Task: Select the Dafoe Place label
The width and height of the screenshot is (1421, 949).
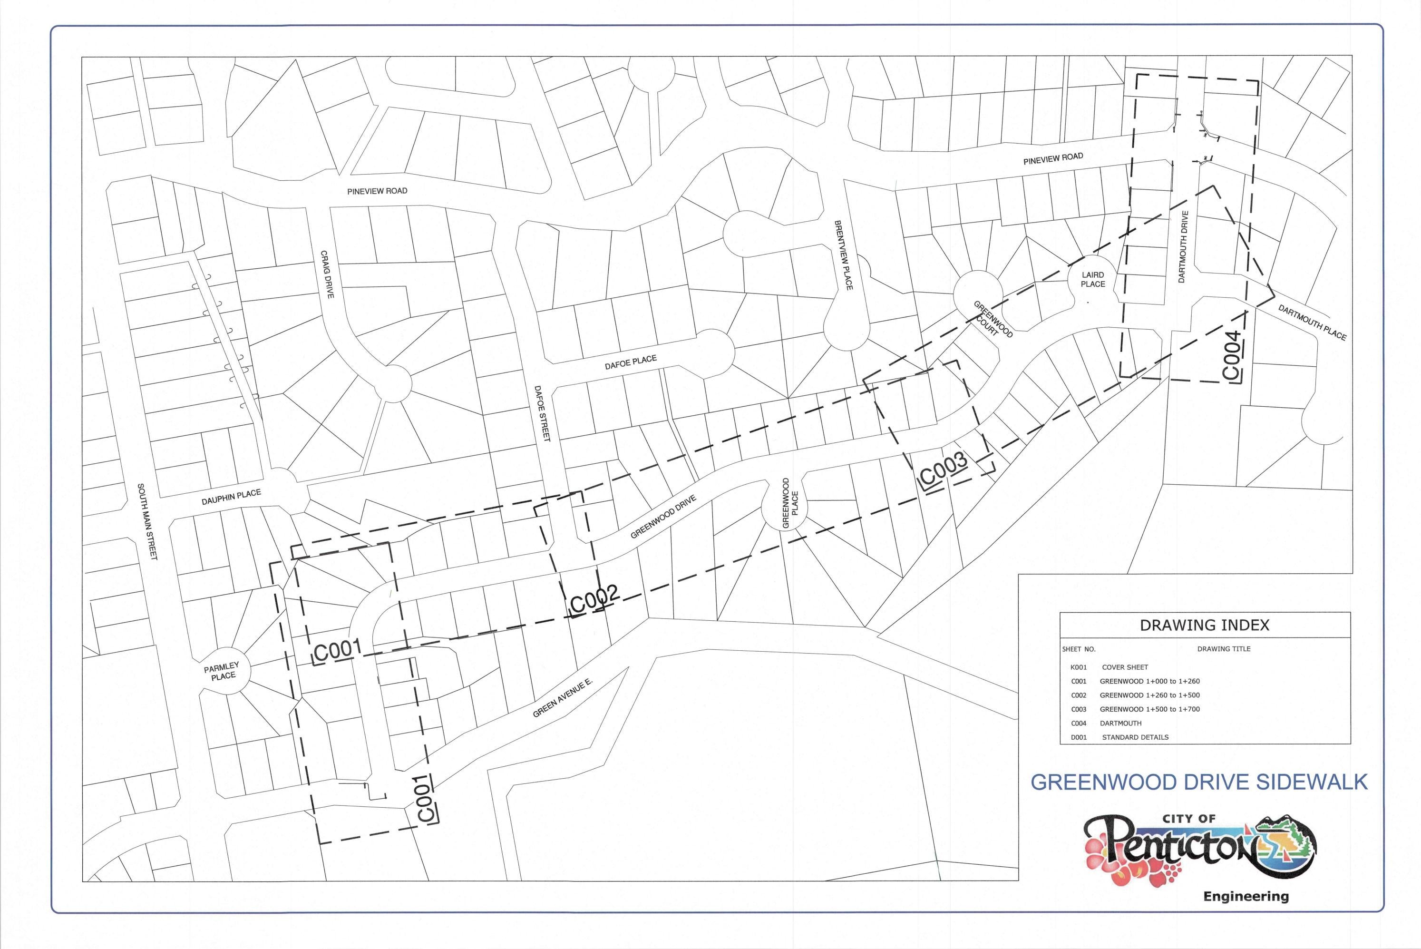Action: tap(630, 362)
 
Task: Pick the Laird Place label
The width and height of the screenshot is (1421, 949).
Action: tap(1093, 280)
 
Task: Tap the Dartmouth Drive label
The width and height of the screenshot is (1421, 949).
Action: tap(1184, 247)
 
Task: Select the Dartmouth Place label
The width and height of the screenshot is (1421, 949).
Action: tap(1312, 323)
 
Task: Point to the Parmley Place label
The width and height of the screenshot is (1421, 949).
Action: tap(223, 672)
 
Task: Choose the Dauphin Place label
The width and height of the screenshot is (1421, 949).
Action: tap(231, 498)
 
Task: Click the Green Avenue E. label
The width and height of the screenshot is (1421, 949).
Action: tap(563, 698)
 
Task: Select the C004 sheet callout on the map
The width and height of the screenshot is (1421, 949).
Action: tap(1233, 356)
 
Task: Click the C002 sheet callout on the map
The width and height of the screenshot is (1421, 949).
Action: tap(594, 599)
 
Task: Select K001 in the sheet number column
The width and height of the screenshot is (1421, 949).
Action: tap(1079, 667)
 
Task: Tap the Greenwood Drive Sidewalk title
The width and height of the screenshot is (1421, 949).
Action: tap(1199, 782)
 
